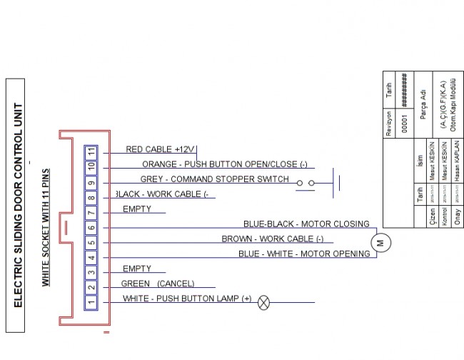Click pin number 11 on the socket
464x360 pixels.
point(91,152)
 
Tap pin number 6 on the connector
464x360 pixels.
point(91,229)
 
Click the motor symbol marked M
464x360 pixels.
point(380,241)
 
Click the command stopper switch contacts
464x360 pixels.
point(306,183)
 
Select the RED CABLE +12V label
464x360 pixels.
point(160,149)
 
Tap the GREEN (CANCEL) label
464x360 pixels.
point(158,284)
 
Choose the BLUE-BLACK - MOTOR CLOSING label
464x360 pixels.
point(306,224)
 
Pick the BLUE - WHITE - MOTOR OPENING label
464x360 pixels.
point(304,254)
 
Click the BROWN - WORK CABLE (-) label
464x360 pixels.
point(272,239)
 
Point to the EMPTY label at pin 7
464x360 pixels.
point(137,209)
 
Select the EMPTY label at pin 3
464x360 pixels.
point(137,269)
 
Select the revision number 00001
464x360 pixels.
point(404,121)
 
